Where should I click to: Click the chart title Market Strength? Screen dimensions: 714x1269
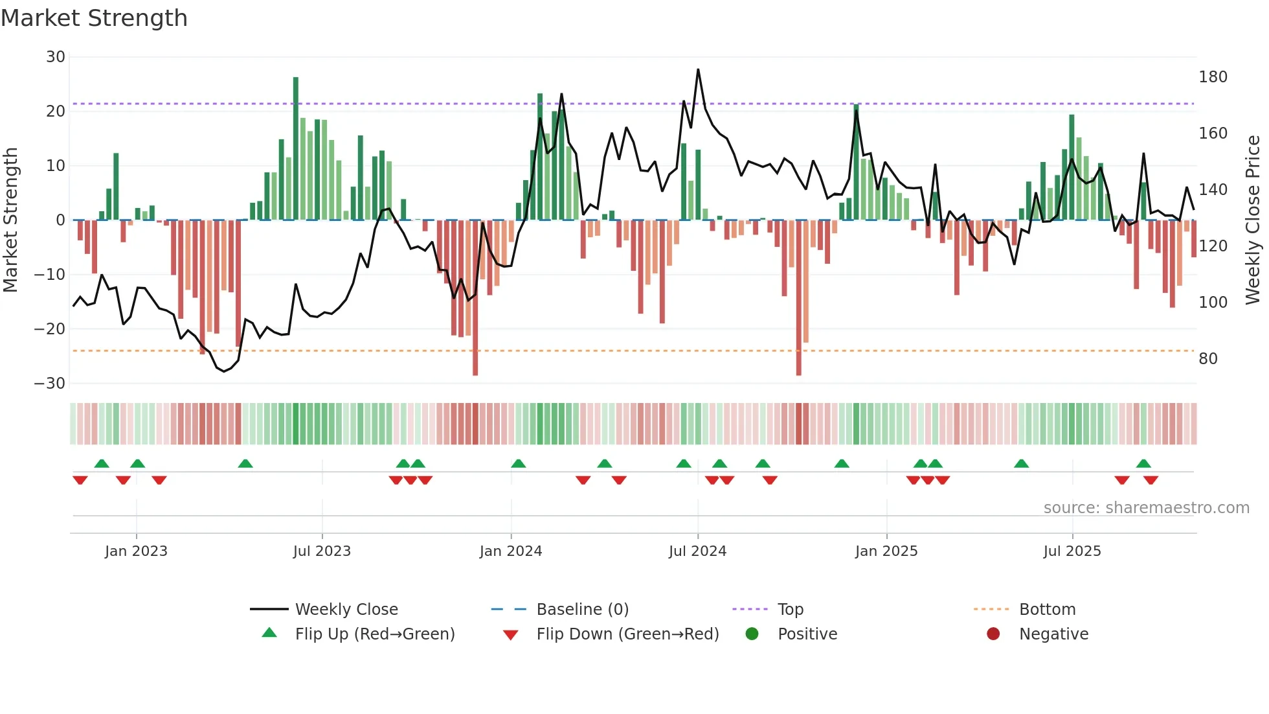click(94, 18)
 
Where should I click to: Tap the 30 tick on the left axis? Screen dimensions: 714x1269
click(56, 57)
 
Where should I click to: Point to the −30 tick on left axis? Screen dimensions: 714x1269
click(50, 384)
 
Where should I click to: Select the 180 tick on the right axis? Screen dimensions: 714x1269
click(1213, 77)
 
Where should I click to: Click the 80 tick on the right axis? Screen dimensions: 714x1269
click(1207, 359)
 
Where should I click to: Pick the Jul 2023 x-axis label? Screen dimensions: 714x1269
click(322, 551)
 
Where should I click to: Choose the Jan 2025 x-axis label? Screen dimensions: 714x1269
click(886, 551)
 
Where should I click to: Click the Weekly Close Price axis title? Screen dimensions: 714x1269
click(1253, 220)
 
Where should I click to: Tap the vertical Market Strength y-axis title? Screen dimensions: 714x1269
click(10, 220)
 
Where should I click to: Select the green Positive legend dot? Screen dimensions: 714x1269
click(752, 634)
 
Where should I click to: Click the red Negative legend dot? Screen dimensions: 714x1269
click(993, 634)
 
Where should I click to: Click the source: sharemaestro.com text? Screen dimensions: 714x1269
click(1146, 508)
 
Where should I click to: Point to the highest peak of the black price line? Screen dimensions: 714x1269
click(698, 70)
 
